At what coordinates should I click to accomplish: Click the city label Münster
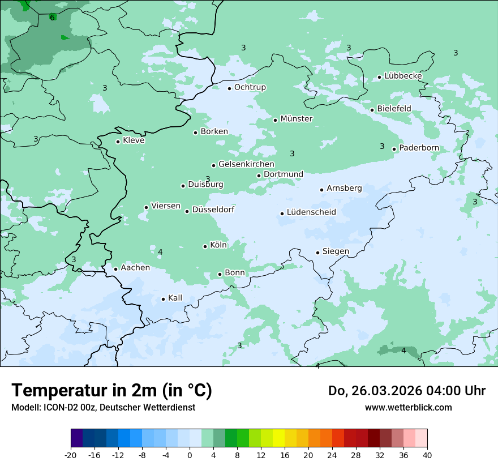(x=296, y=119)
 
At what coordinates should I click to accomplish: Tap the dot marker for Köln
(x=205, y=246)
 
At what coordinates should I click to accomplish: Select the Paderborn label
(x=419, y=148)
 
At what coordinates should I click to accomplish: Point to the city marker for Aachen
(x=115, y=269)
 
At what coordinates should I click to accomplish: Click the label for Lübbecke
(x=403, y=76)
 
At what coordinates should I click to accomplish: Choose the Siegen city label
(x=336, y=251)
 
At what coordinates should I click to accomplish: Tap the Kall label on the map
(x=175, y=298)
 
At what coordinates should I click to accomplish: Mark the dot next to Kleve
(x=118, y=142)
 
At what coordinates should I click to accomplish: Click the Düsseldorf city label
(x=213, y=210)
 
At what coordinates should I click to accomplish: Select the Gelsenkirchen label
(x=246, y=164)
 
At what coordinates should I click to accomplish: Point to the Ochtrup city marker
(x=229, y=88)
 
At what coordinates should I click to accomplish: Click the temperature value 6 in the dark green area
(x=52, y=18)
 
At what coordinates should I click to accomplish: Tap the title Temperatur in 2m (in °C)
(x=111, y=391)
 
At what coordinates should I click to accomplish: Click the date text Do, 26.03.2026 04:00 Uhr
(x=407, y=391)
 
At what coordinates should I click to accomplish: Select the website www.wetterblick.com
(x=408, y=407)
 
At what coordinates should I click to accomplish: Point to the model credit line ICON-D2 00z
(x=103, y=407)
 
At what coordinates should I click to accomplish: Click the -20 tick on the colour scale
(x=71, y=455)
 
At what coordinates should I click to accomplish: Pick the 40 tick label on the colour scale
(x=427, y=455)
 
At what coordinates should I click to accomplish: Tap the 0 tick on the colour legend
(x=190, y=455)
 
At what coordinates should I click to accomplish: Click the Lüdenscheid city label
(x=311, y=212)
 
